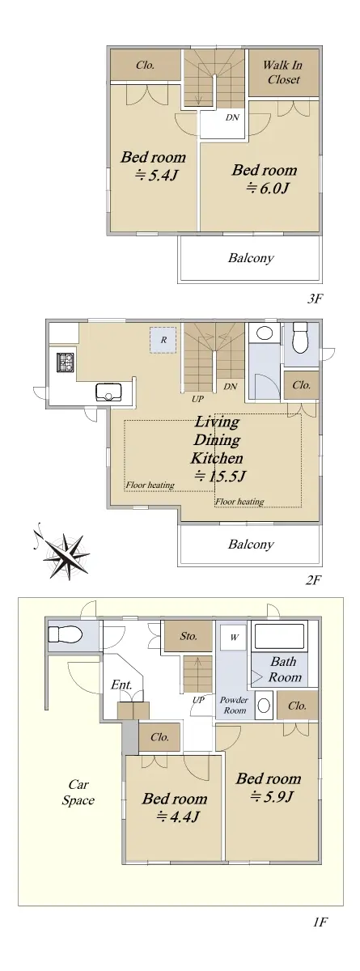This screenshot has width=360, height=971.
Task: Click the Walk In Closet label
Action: pyautogui.click(x=283, y=72)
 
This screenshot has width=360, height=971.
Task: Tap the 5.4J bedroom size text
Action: pyautogui.click(x=156, y=176)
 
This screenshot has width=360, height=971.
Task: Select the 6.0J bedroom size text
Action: pyautogui.click(x=268, y=188)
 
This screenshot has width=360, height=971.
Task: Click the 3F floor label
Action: pyautogui.click(x=315, y=299)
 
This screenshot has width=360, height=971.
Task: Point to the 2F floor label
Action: pyautogui.click(x=314, y=580)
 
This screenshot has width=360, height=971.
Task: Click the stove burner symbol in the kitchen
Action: pyautogui.click(x=66, y=362)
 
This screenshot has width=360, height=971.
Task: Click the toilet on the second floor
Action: pyautogui.click(x=300, y=337)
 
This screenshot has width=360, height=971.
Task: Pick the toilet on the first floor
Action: pyautogui.click(x=65, y=635)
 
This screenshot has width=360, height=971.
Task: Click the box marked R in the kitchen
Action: pyautogui.click(x=163, y=341)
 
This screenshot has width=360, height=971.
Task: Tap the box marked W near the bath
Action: pyautogui.click(x=234, y=637)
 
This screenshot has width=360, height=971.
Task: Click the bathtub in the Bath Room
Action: pyautogui.click(x=278, y=637)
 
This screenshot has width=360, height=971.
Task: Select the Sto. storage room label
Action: pyautogui.click(x=188, y=636)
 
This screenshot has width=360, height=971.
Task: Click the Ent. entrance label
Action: pyautogui.click(x=121, y=685)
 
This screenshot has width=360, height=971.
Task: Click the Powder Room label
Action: pyautogui.click(x=235, y=706)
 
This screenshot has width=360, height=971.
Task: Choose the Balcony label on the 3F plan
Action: pyautogui.click(x=252, y=258)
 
